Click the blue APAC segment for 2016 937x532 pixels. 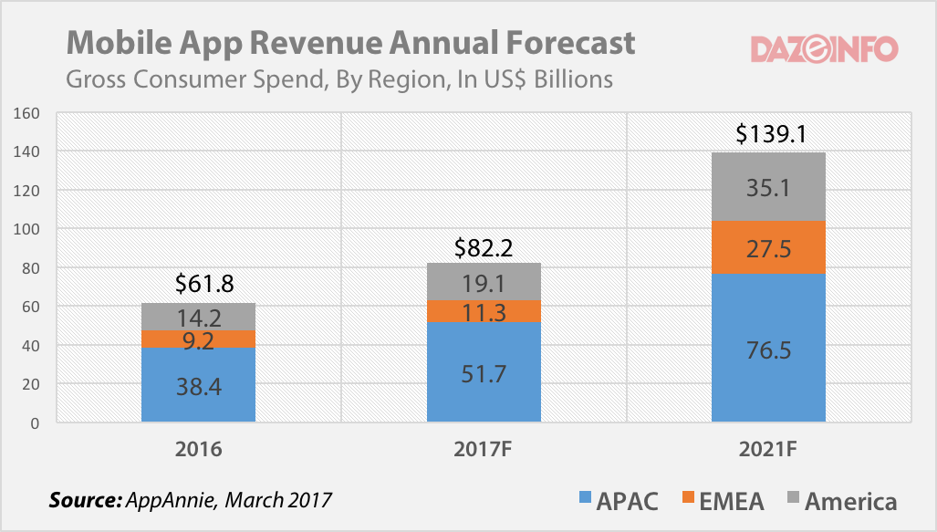[x=199, y=384]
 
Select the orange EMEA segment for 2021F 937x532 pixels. [x=768, y=247]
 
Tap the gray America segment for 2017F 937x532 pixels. [x=484, y=281]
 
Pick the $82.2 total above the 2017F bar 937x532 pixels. [x=484, y=246]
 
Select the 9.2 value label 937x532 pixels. [x=199, y=339]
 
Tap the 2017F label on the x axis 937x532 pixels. [x=484, y=450]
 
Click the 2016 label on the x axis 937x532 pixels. [x=199, y=450]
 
